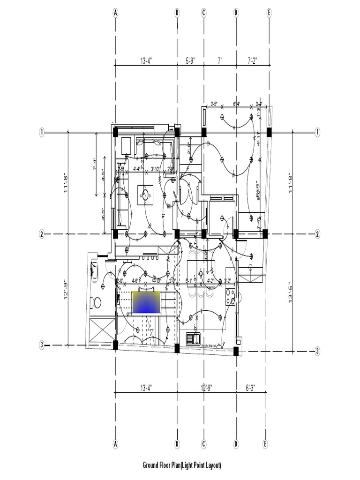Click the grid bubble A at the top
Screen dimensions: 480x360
point(115,13)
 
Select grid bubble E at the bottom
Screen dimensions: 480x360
point(265,443)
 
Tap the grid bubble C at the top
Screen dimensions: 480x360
point(204,13)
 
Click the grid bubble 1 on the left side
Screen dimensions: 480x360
point(42,133)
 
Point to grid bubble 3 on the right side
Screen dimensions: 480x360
point(317,351)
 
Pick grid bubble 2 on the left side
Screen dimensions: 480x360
point(42,234)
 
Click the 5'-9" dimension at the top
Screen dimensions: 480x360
point(190,60)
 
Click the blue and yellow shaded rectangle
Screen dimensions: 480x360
point(147,302)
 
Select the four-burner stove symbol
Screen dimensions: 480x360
point(230,296)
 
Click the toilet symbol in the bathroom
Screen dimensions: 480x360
point(96,302)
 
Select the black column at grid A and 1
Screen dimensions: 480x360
point(115,133)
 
